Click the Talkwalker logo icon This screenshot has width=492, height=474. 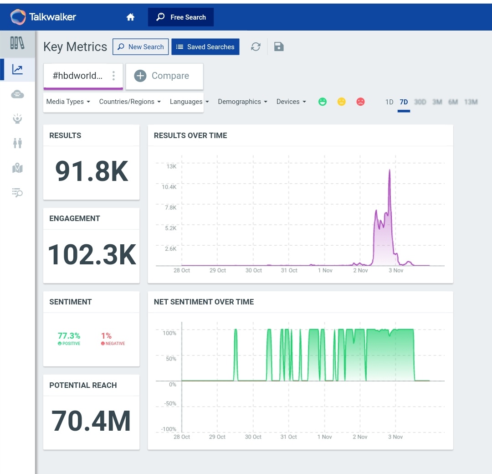(x=19, y=17)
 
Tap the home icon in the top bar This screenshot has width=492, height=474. (x=130, y=17)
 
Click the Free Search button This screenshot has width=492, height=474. (x=181, y=17)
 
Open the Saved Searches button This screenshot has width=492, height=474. (x=205, y=47)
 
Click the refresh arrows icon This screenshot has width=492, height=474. (x=256, y=46)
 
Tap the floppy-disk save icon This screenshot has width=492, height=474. (x=279, y=46)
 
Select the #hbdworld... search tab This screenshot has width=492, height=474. (x=77, y=76)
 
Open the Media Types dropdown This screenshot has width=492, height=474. (x=68, y=102)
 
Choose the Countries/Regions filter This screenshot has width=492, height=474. (x=130, y=102)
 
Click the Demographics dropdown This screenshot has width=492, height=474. (x=242, y=102)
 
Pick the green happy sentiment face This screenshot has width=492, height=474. (x=323, y=102)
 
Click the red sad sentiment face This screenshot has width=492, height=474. (x=360, y=102)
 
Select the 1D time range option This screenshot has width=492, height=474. (x=389, y=102)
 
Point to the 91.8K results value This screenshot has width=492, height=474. (x=92, y=171)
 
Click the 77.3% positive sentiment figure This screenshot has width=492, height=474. (x=69, y=336)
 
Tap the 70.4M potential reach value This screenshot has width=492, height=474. (x=91, y=421)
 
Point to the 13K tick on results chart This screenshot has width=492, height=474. (x=171, y=167)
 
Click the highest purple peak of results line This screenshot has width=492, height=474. (x=389, y=170)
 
